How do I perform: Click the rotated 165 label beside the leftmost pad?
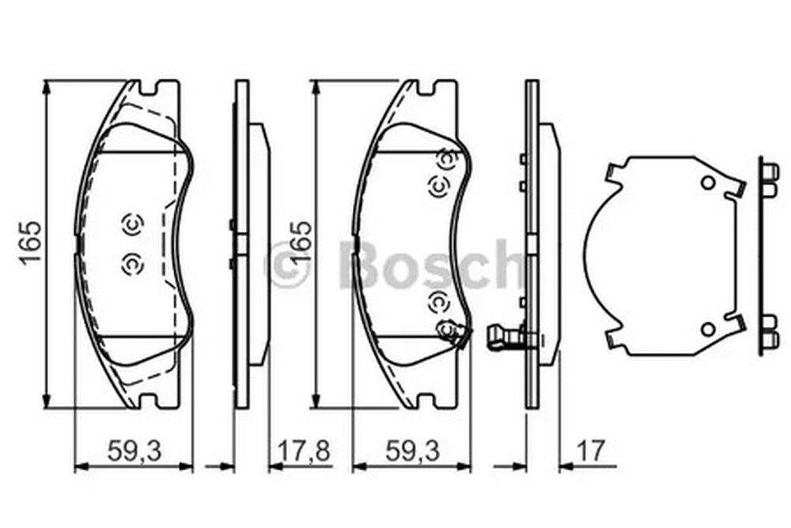30,242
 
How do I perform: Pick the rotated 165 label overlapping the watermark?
301,242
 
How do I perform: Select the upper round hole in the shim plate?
708,183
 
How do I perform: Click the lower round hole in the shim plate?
708,329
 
